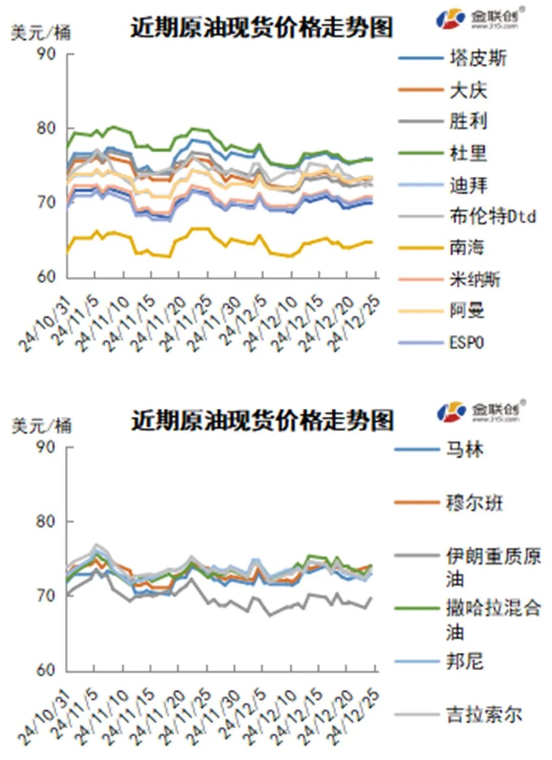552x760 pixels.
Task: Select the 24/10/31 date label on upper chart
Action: tap(45, 324)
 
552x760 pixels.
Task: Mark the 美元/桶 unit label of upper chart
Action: tap(41, 33)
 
